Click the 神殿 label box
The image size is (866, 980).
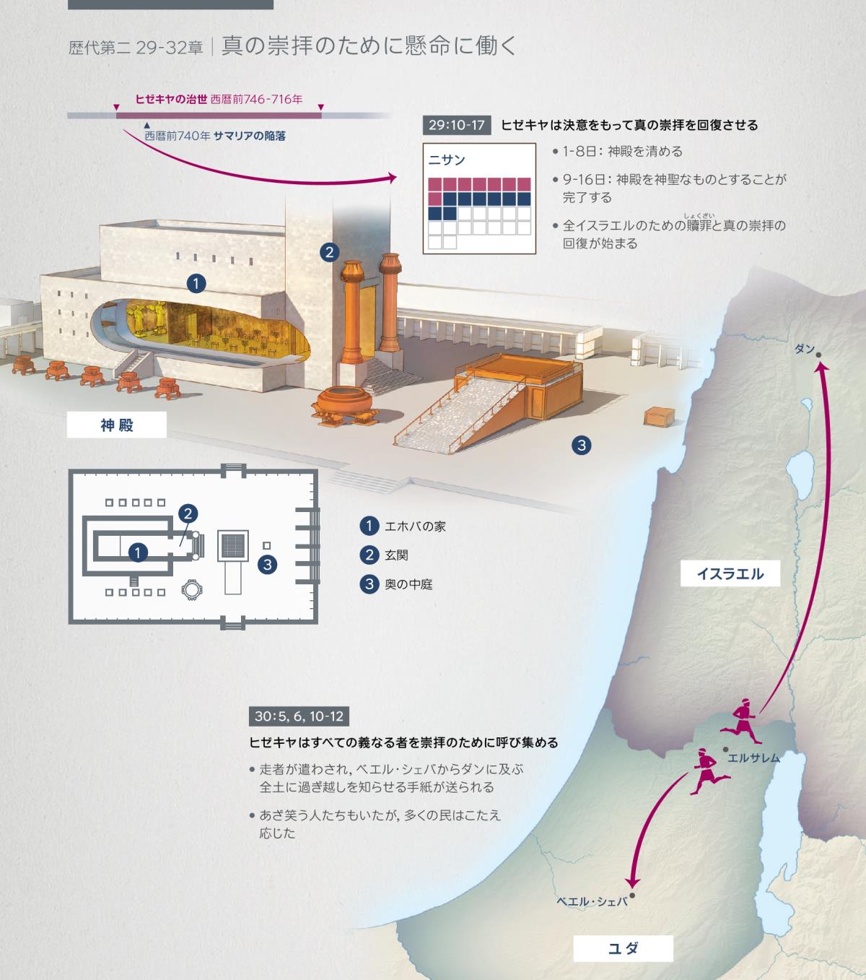pos(116,425)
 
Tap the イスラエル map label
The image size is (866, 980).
pos(730,573)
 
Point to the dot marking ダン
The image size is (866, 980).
pos(818,355)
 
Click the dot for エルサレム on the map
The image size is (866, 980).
pos(726,750)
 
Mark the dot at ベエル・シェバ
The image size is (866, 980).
pos(632,896)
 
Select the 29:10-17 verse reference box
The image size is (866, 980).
pos(456,125)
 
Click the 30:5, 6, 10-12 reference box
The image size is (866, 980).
pos(299,716)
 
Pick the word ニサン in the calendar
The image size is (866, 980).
pos(447,160)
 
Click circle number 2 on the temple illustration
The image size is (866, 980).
pos(329,252)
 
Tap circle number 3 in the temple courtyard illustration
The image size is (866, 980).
pos(582,446)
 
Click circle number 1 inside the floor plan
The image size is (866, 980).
pos(138,552)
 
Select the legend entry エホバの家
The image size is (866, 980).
pos(403,526)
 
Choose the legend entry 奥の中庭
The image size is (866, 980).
pos(396,584)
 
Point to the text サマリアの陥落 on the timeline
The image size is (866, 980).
pos(250,136)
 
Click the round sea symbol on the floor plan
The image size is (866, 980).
pos(191,590)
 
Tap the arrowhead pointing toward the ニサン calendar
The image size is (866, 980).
pos(392,178)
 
